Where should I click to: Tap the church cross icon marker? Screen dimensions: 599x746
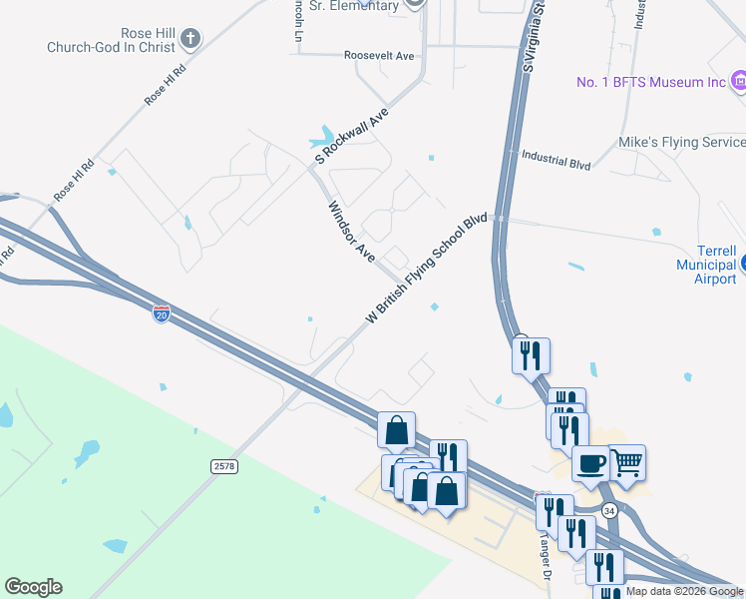[x=189, y=39]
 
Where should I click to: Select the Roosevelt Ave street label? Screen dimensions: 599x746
[x=378, y=56]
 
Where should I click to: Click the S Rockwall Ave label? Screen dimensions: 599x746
[x=351, y=138]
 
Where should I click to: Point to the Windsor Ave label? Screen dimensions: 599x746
[x=351, y=233]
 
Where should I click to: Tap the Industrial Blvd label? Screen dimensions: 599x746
[x=557, y=160]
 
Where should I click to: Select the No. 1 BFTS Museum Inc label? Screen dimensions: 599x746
[x=651, y=82]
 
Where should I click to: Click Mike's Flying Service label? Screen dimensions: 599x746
[x=682, y=143]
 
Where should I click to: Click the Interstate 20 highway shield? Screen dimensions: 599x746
[x=162, y=314]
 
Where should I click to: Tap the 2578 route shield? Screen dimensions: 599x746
[x=224, y=466]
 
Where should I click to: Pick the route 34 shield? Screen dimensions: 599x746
[x=610, y=510]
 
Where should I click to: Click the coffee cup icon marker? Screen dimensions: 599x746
[x=591, y=463]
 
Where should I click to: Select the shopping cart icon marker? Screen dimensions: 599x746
[x=626, y=462]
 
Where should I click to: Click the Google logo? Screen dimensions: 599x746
[x=34, y=587]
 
